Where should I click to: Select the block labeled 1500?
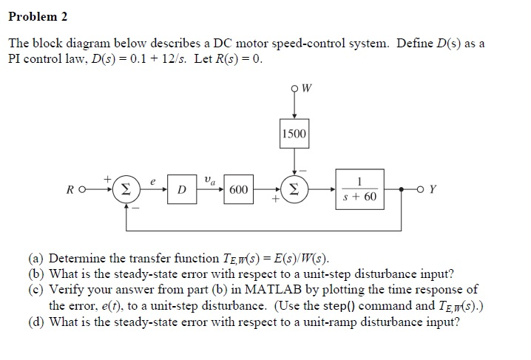[x=295, y=135]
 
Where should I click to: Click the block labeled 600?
[x=238, y=190]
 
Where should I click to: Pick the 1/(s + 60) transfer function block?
[x=360, y=190]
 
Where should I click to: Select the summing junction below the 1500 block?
[x=295, y=189]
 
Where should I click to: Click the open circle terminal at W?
[x=295, y=91]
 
